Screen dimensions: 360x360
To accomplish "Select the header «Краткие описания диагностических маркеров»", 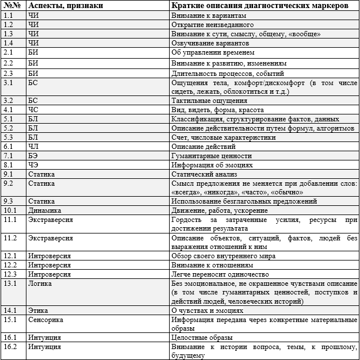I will tap(259, 5).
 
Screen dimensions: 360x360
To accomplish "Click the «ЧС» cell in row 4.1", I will tap(33, 110).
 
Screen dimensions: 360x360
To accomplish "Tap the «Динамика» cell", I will tap(44, 210).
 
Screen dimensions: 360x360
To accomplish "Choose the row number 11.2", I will tap(10, 238).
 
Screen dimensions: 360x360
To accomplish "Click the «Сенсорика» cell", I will tap(45, 319).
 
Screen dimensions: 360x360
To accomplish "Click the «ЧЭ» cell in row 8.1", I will tap(33, 165).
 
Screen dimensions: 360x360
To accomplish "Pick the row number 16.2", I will tap(10, 347).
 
